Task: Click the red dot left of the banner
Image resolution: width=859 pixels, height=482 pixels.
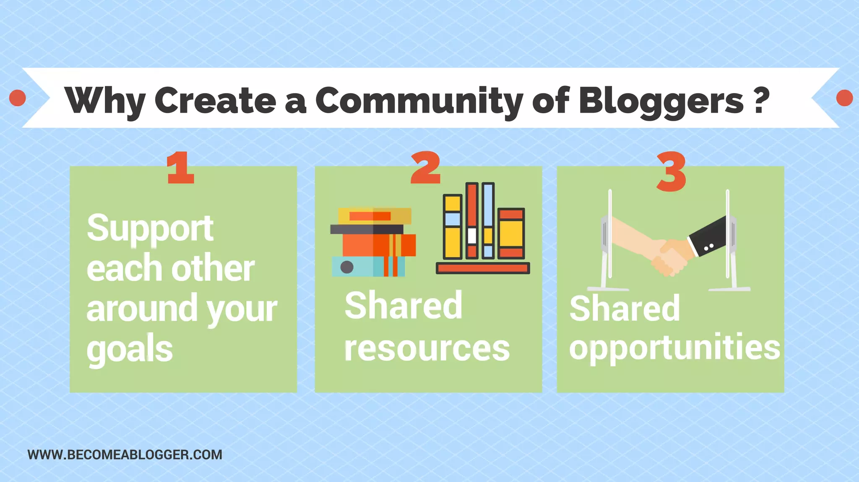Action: pyautogui.click(x=18, y=98)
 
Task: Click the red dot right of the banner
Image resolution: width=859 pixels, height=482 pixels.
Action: pyautogui.click(x=844, y=98)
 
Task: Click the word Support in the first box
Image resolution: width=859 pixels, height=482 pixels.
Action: pyautogui.click(x=150, y=228)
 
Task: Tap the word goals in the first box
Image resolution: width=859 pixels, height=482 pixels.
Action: pyautogui.click(x=129, y=349)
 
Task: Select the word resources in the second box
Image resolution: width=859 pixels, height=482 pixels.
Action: pyautogui.click(x=427, y=348)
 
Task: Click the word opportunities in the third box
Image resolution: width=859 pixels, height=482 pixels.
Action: pyautogui.click(x=674, y=347)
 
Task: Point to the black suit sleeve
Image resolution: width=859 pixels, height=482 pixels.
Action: pyautogui.click(x=709, y=237)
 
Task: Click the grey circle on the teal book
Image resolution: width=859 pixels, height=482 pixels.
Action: pyautogui.click(x=347, y=267)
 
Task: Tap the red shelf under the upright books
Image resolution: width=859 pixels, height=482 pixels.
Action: pyautogui.click(x=483, y=268)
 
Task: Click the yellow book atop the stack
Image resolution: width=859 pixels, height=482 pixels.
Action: pyautogui.click(x=375, y=216)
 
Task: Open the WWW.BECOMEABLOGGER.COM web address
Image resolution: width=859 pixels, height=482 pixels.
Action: pyautogui.click(x=125, y=455)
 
